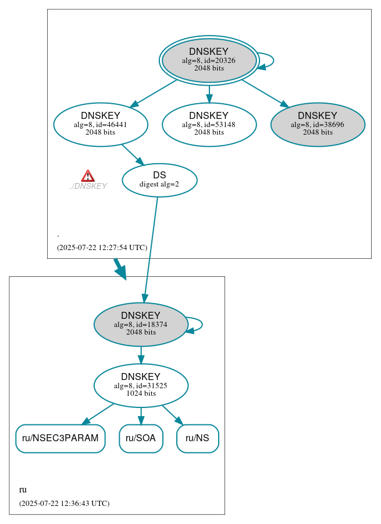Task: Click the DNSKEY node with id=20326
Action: (x=209, y=61)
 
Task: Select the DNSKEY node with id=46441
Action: (x=101, y=124)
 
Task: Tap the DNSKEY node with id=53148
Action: (x=209, y=124)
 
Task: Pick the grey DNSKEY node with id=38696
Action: (x=318, y=124)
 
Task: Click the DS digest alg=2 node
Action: (x=159, y=180)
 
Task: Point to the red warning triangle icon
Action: (x=88, y=176)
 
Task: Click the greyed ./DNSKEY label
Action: (x=88, y=187)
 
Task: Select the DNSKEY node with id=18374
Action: (x=141, y=324)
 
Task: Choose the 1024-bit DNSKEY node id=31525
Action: (x=141, y=385)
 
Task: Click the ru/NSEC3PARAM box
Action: (x=60, y=438)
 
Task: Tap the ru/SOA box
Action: (x=141, y=438)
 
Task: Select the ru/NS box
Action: (x=198, y=438)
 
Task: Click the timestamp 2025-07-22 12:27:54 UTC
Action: (x=102, y=248)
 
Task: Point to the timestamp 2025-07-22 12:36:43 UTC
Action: (x=64, y=503)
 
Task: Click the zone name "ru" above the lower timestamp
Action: (x=23, y=490)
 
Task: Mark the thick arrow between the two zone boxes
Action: (x=120, y=268)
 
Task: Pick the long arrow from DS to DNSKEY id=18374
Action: (x=151, y=245)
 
